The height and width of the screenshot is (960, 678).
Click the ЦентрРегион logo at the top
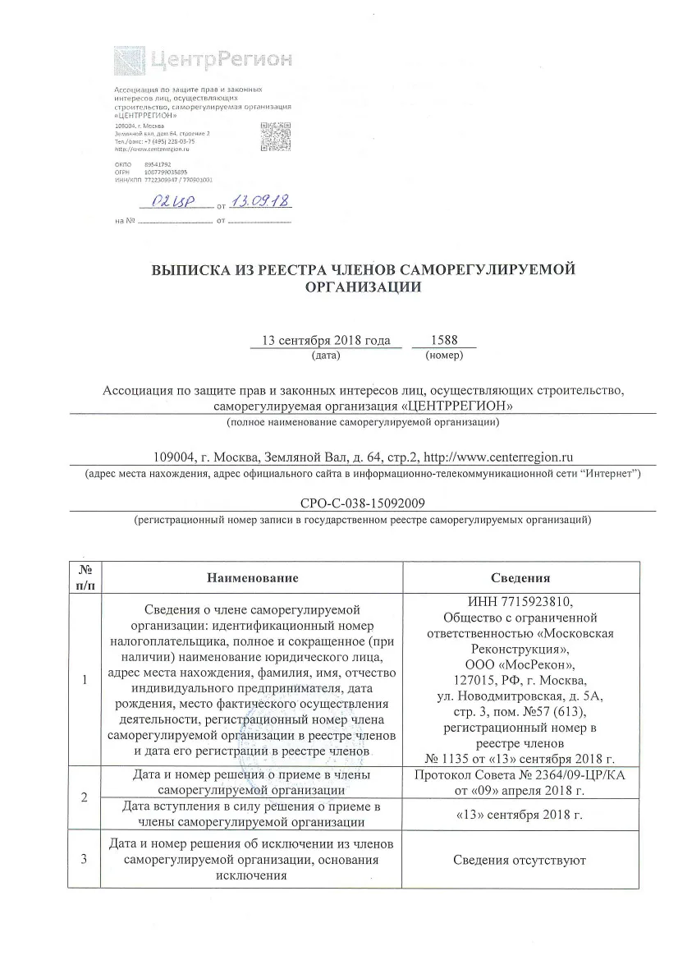pyautogui.click(x=202, y=60)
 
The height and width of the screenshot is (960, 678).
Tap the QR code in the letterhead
pyautogui.click(x=276, y=136)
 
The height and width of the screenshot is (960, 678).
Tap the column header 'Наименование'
pyautogui.click(x=252, y=578)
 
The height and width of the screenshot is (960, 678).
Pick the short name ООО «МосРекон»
pyautogui.click(x=520, y=664)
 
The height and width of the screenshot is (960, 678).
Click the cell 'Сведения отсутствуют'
pyautogui.click(x=520, y=860)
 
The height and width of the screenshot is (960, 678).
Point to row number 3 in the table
pyautogui.click(x=85, y=860)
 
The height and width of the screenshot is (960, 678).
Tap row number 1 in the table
pyautogui.click(x=85, y=680)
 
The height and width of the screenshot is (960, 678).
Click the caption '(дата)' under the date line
pyautogui.click(x=326, y=356)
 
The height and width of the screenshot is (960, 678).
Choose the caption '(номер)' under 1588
pyautogui.click(x=446, y=356)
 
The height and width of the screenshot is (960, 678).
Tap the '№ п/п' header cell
pyautogui.click(x=85, y=578)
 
